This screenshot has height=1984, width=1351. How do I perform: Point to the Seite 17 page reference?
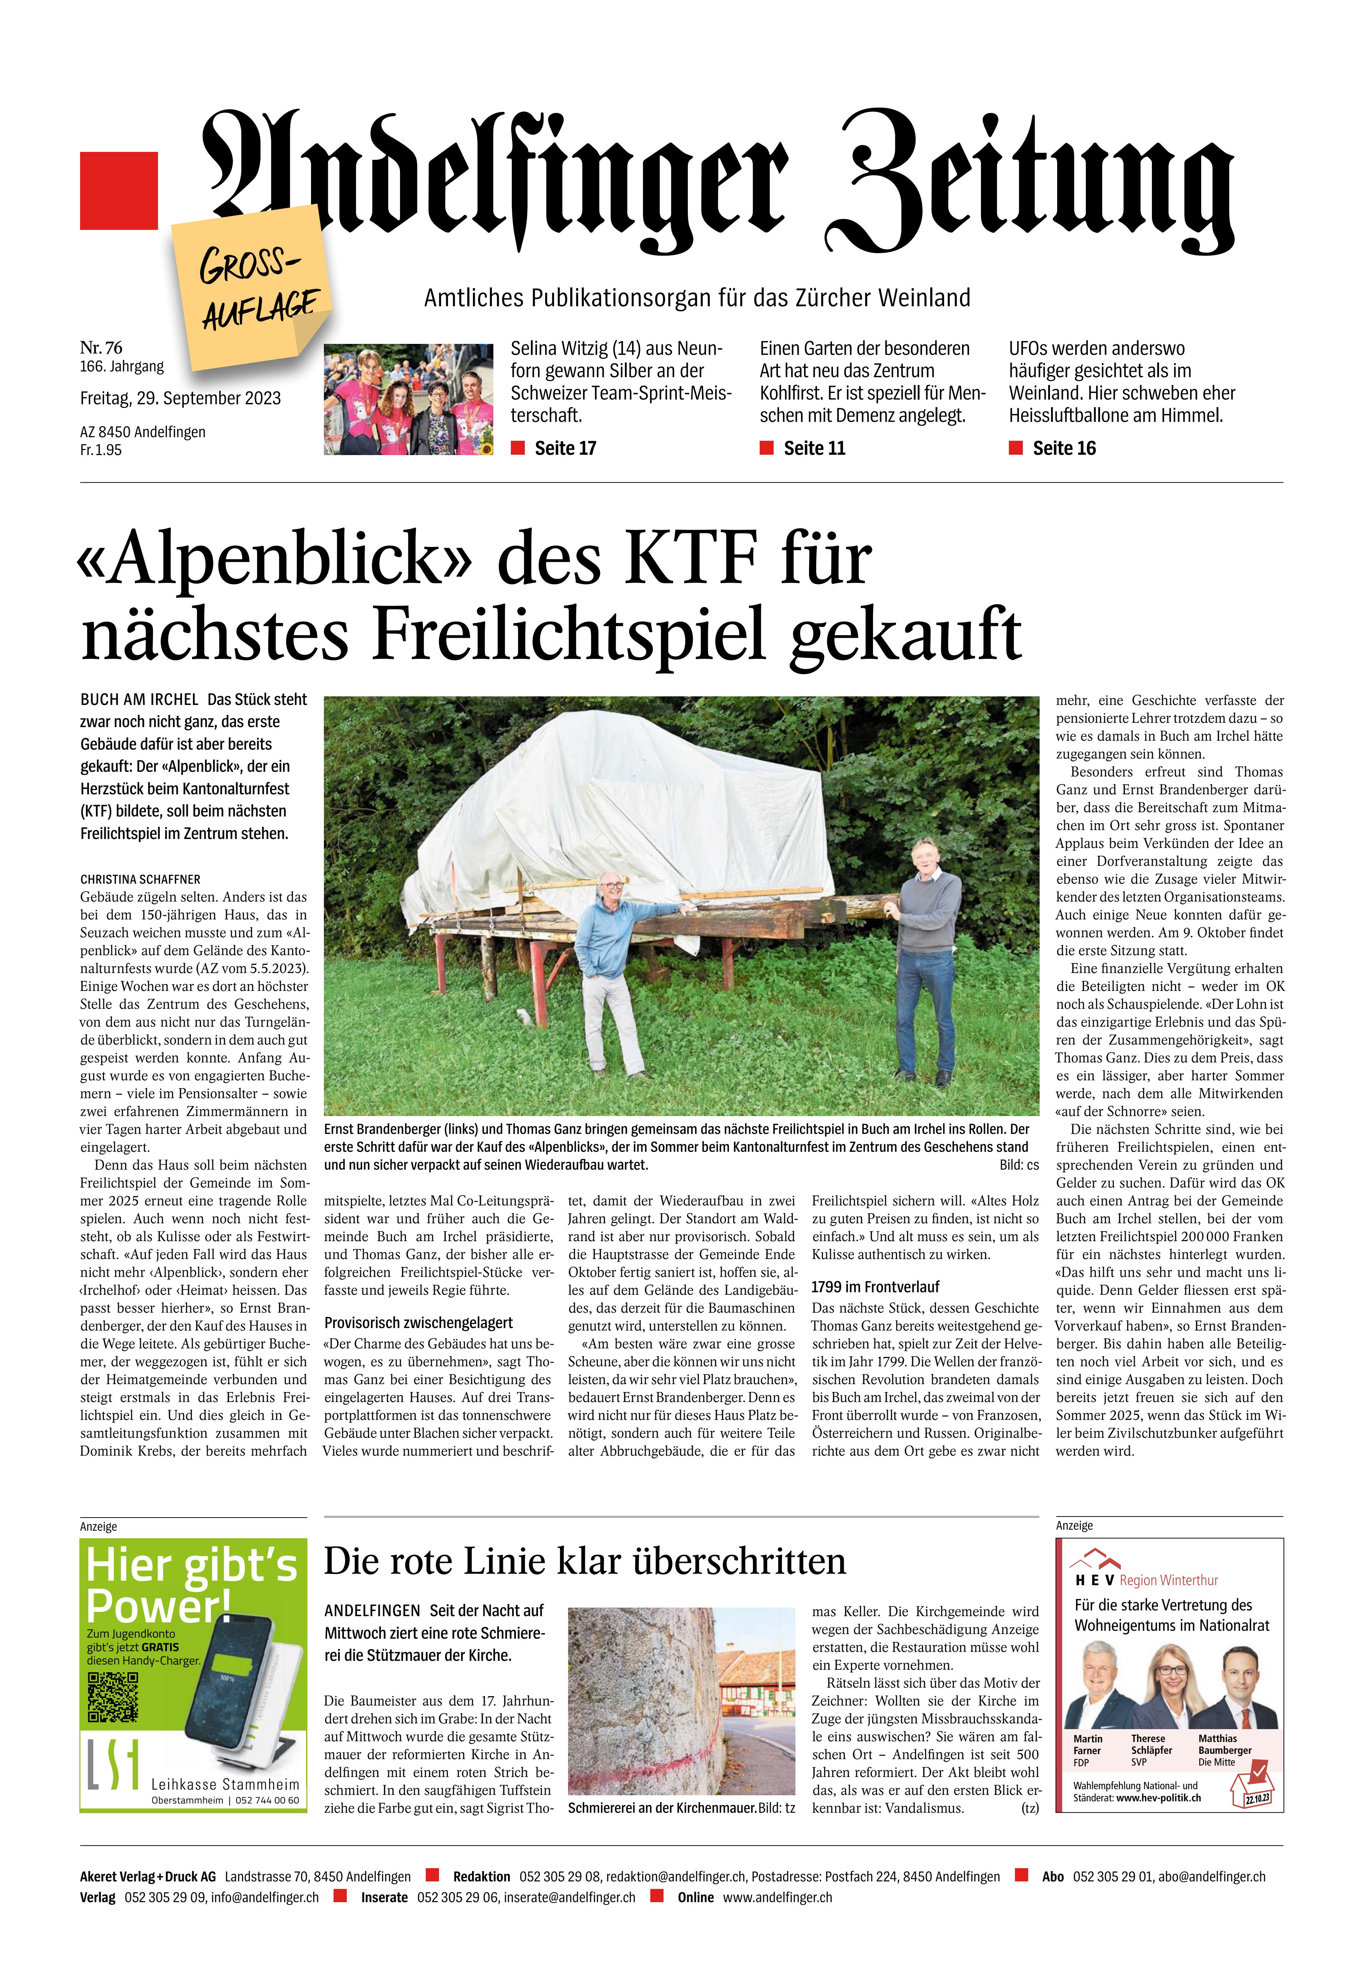coord(564,448)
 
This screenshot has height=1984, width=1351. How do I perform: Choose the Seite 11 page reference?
coord(814,448)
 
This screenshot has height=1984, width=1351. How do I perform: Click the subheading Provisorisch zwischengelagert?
coord(418,1322)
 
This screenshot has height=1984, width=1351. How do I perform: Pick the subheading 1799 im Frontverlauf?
coord(875,1287)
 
